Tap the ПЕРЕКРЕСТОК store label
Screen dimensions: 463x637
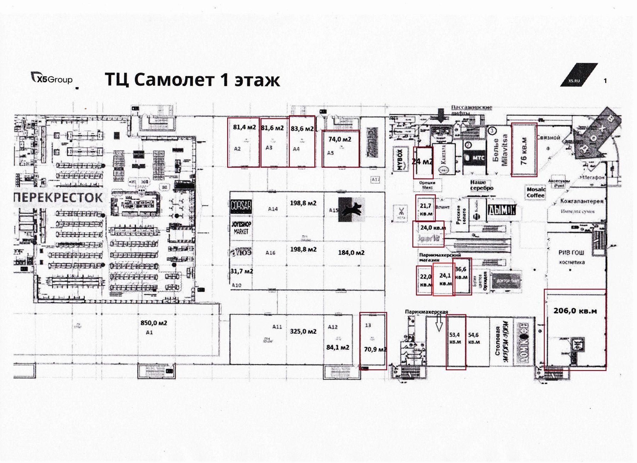pyautogui.click(x=59, y=198)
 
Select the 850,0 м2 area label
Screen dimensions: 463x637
pyautogui.click(x=154, y=323)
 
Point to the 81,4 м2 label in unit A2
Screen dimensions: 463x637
pyautogui.click(x=244, y=127)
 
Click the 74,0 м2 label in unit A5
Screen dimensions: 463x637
pyautogui.click(x=340, y=139)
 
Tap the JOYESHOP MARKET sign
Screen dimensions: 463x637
pyautogui.click(x=241, y=228)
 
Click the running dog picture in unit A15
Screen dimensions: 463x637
pyautogui.click(x=351, y=209)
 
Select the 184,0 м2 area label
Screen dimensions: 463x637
pyautogui.click(x=351, y=253)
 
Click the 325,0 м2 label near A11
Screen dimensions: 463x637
pyautogui.click(x=303, y=332)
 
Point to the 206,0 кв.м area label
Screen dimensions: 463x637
pyautogui.click(x=575, y=311)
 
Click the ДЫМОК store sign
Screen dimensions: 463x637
pyautogui.click(x=501, y=210)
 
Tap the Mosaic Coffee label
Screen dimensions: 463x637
pyautogui.click(x=535, y=193)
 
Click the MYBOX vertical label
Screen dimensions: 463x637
pyautogui.click(x=400, y=160)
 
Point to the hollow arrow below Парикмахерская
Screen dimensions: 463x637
pyautogui.click(x=439, y=323)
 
